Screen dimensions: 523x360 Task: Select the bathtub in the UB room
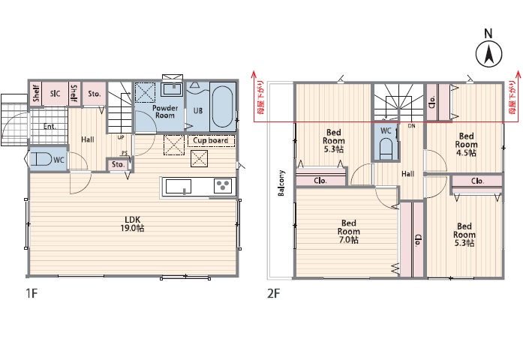pos(223,106)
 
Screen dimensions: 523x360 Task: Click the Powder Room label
pos(165,112)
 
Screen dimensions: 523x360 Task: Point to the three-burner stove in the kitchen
pos(223,186)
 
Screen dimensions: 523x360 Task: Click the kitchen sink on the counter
pos(179,186)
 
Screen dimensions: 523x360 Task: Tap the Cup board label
pos(211,141)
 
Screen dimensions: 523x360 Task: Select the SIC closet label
pos(55,93)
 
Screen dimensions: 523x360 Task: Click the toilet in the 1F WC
pos(41,160)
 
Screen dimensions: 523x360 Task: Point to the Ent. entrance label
pos(50,127)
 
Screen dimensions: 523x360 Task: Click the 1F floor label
pos(32,294)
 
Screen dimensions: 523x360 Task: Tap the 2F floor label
pos(274,294)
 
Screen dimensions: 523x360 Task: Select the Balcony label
pos(281,183)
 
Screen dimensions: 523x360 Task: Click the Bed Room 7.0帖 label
pos(349,231)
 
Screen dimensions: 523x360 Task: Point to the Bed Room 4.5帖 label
pos(466,145)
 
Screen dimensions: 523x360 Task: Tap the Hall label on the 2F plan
pos(408,174)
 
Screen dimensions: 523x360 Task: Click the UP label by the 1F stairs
pos(121,137)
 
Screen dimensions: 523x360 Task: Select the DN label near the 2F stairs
pos(412,126)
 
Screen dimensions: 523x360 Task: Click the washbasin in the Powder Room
pos(172,89)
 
